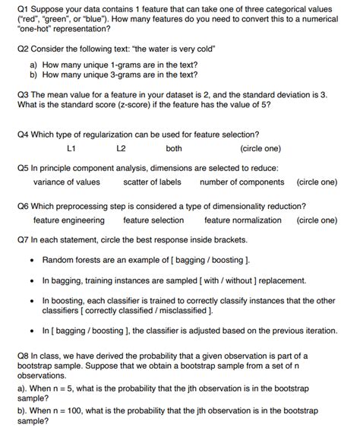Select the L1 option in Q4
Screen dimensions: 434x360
[x=71, y=149]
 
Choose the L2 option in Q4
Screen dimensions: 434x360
[x=122, y=149]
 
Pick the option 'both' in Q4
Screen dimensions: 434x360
[x=174, y=149]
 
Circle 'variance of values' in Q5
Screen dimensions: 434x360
[x=66, y=182]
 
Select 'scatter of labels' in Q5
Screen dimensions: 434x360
[x=152, y=182]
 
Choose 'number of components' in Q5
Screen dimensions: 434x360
[x=242, y=182]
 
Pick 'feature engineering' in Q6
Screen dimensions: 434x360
[x=69, y=220]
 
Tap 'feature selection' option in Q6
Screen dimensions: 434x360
[x=153, y=220]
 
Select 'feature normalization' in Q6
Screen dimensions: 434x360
[x=243, y=220]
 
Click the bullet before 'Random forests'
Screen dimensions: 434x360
[x=32, y=260]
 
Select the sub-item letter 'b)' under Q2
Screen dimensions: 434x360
[x=33, y=75]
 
